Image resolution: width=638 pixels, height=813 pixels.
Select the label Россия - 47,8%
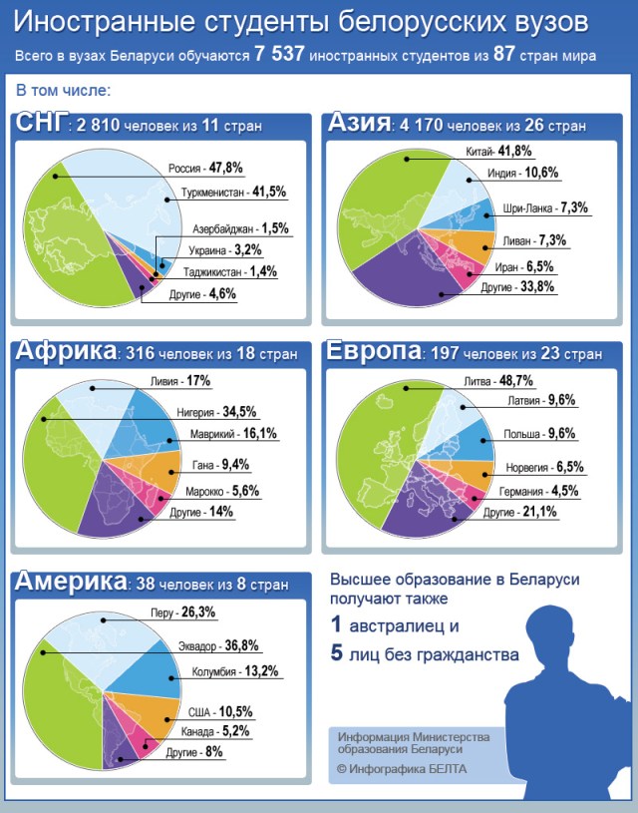205,168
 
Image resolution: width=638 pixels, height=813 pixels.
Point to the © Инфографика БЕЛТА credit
401,769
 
